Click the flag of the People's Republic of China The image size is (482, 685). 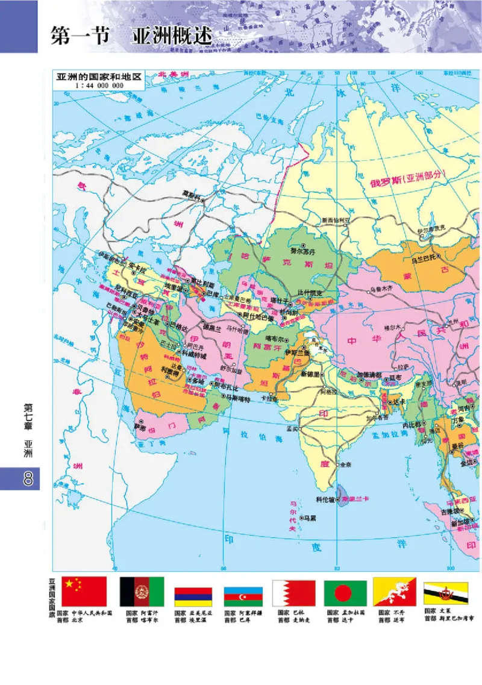(x=85, y=592)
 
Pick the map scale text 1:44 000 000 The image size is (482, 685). (x=99, y=86)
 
